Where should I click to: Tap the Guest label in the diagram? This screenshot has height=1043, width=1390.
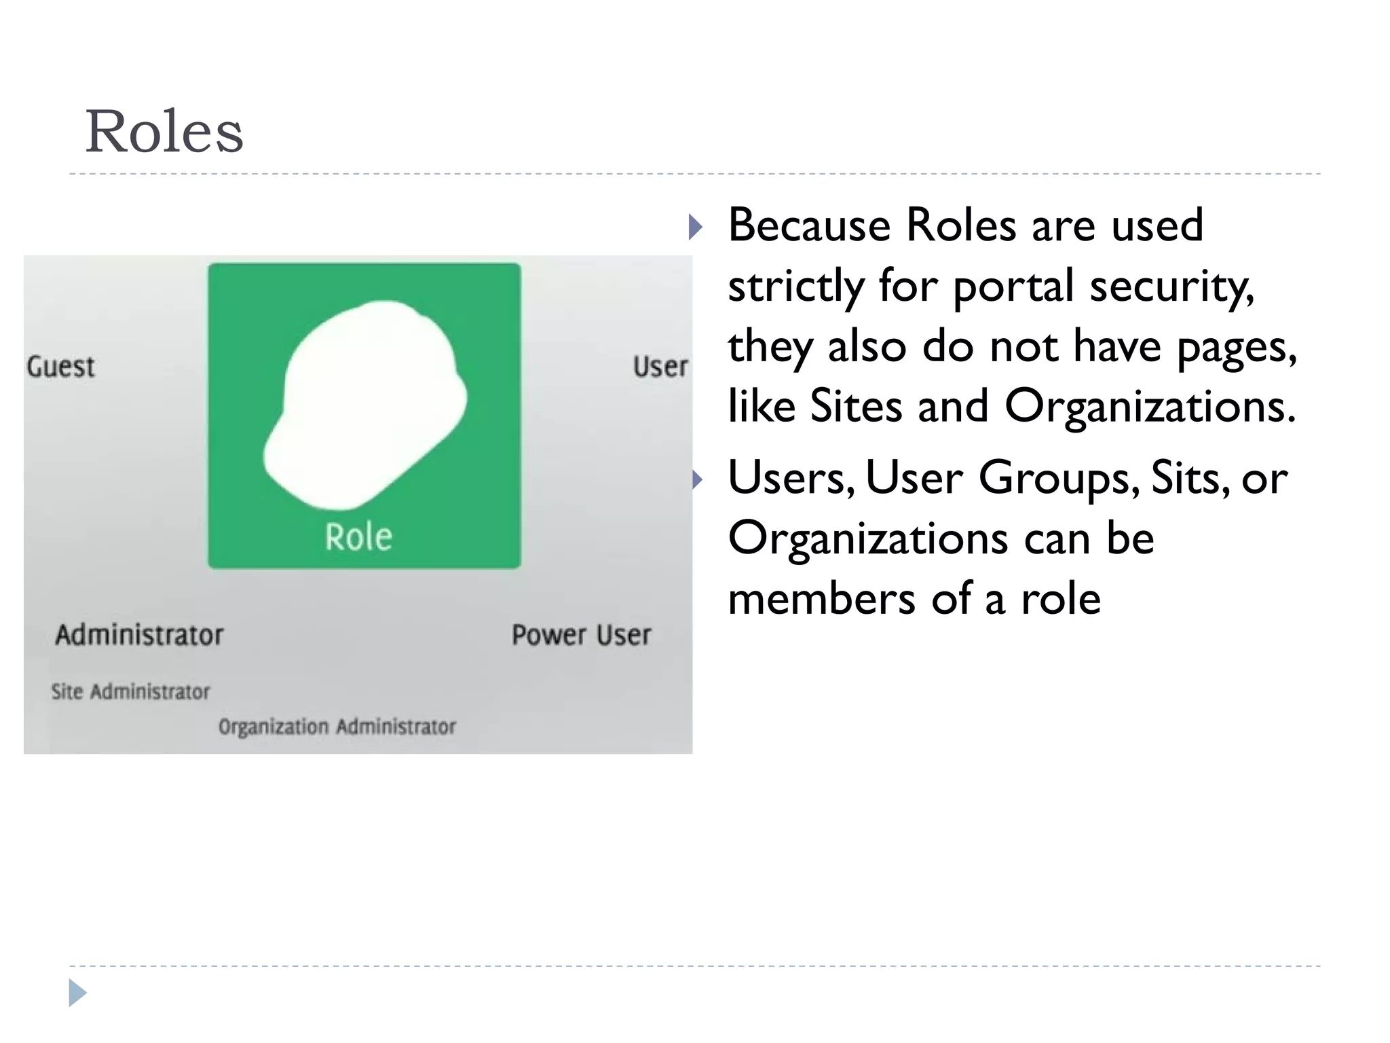[x=60, y=367]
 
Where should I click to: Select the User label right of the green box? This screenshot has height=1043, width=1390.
[x=660, y=367]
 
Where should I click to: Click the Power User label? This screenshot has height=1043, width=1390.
[x=581, y=635]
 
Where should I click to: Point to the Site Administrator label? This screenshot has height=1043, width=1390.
[x=131, y=692]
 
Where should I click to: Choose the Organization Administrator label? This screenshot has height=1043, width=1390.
[x=337, y=727]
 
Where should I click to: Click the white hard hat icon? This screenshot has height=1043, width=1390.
[x=367, y=404]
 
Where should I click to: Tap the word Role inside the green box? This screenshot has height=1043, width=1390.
[x=358, y=537]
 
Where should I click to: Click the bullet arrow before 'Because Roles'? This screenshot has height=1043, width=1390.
[x=695, y=227]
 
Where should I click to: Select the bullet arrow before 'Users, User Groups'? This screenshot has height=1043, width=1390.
[x=697, y=480]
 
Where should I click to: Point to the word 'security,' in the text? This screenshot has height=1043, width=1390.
[x=1171, y=286]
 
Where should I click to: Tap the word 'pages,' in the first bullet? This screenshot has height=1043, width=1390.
[x=1236, y=347]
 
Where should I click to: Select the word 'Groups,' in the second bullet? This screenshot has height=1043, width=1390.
[x=1059, y=479]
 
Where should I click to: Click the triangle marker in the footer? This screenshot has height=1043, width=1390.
[x=77, y=993]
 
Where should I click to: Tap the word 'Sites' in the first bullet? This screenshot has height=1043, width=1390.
[x=856, y=407]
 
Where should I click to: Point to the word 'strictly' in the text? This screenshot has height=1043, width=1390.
[x=795, y=286]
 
